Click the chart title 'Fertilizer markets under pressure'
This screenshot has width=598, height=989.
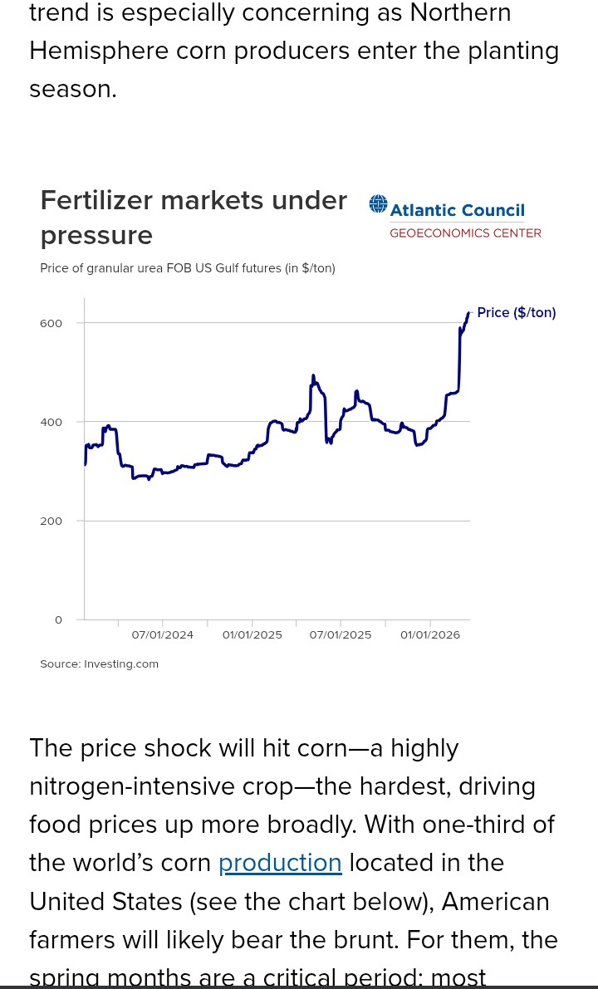(193, 218)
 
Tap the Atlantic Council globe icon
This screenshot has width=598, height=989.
(379, 204)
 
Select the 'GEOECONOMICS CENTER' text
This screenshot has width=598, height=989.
(465, 233)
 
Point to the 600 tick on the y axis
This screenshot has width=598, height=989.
(51, 323)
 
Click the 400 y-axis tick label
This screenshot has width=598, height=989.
(51, 422)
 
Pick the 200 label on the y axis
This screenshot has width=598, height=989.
(51, 521)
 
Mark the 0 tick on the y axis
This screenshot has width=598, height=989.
(58, 619)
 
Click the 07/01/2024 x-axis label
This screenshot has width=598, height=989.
(163, 635)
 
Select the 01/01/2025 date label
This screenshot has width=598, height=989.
(252, 635)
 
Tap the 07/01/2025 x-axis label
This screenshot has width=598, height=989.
(341, 635)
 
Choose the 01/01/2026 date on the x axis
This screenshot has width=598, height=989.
(430, 635)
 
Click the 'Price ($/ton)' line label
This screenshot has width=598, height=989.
(516, 313)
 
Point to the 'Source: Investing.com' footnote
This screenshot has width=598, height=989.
(99, 664)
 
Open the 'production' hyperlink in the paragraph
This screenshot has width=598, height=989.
(280, 863)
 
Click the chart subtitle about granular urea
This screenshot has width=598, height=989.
(188, 268)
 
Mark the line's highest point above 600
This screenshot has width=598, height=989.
(468, 313)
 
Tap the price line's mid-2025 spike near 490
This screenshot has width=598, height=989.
(313, 376)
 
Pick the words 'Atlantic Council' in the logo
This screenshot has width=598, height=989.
(458, 211)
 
